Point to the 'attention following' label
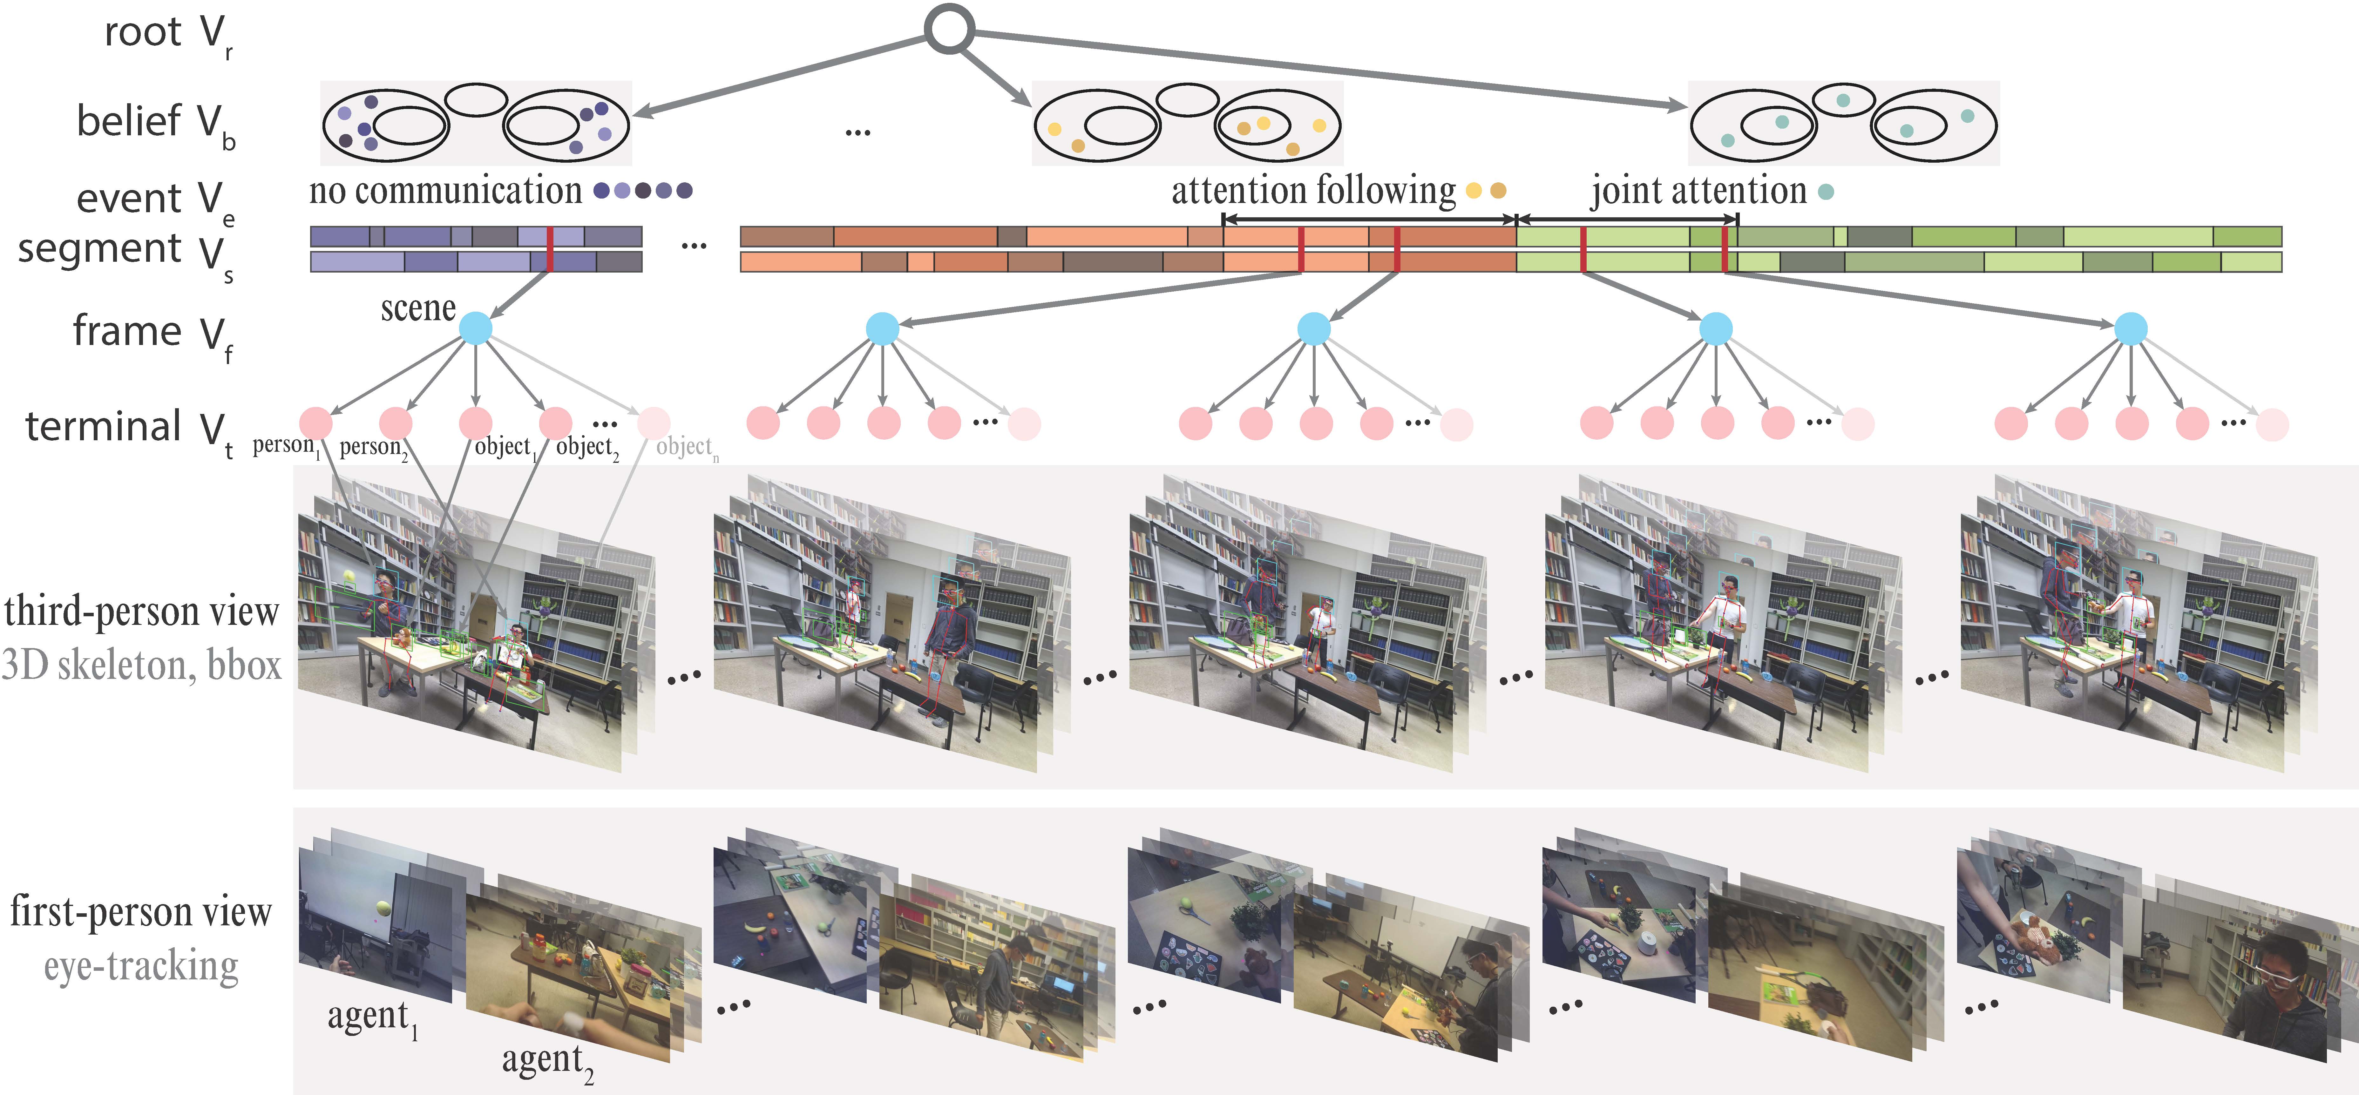tap(1313, 190)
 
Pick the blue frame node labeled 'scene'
tap(475, 328)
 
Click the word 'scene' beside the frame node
tap(417, 308)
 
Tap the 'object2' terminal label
tap(587, 447)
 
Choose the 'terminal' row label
tap(104, 427)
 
